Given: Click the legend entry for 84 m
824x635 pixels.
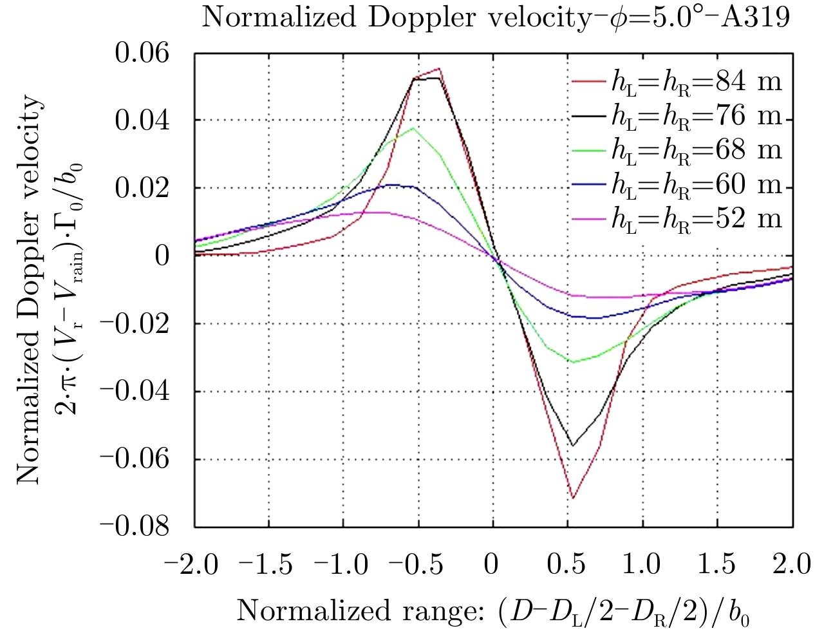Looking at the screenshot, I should tap(676, 82).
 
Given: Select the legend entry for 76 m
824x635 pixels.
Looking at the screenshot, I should tap(676, 116).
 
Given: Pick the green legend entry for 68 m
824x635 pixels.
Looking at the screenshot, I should tap(676, 150).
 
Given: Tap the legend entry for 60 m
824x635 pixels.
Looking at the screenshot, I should tap(676, 185).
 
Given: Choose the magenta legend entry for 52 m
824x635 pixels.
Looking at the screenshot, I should tap(676, 219).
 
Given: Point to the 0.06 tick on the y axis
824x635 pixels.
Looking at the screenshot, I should tap(142, 53).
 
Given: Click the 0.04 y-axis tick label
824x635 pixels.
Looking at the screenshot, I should tap(142, 120).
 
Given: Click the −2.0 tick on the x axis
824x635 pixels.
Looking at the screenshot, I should tap(191, 565).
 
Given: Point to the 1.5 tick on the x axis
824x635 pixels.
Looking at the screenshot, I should tap(717, 565).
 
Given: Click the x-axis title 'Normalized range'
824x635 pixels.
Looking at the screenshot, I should tap(492, 611).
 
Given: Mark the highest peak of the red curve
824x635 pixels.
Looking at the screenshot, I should tap(439, 68).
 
